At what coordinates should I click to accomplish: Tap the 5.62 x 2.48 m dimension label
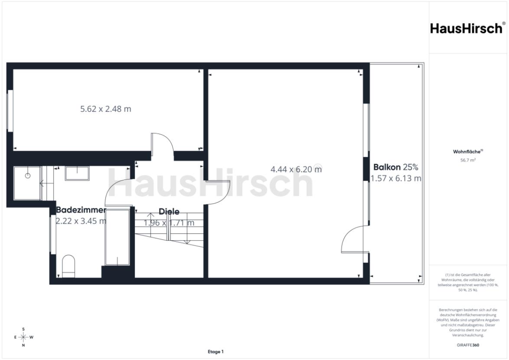click(x=105, y=109)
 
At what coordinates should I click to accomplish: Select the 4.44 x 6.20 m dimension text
click(x=296, y=169)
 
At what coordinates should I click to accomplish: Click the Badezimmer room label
click(x=81, y=209)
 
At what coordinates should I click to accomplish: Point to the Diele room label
click(x=169, y=212)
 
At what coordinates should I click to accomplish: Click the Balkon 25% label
click(x=396, y=167)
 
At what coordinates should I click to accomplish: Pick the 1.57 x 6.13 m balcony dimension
click(x=396, y=178)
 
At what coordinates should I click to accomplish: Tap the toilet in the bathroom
click(x=69, y=266)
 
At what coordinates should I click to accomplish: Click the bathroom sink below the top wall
click(x=77, y=173)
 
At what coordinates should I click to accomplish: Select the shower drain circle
click(x=28, y=176)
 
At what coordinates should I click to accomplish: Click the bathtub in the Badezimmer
click(x=117, y=237)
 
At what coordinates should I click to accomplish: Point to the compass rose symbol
click(x=23, y=337)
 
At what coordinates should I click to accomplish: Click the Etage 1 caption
click(x=215, y=352)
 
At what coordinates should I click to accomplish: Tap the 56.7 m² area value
click(x=468, y=160)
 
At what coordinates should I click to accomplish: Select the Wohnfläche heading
click(x=468, y=152)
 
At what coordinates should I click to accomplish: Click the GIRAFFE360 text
click(x=468, y=345)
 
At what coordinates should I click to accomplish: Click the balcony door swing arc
click(x=347, y=233)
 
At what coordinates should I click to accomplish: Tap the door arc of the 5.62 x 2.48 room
click(x=167, y=138)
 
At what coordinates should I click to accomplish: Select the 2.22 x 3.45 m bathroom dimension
click(x=81, y=221)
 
